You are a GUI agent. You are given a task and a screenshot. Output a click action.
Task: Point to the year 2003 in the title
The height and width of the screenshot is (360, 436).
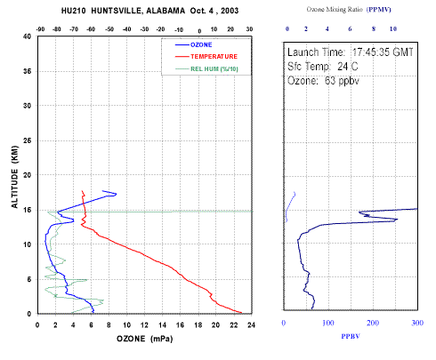pos(230,11)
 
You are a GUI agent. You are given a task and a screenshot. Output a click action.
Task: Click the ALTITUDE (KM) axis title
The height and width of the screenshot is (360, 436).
pos(14,177)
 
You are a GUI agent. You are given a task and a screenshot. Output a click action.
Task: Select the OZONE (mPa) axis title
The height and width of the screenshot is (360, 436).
pos(144,339)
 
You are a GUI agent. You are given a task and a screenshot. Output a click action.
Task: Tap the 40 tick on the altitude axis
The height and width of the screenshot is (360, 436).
pos(27,36)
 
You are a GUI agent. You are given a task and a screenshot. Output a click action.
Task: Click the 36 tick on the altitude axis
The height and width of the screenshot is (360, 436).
pos(27,71)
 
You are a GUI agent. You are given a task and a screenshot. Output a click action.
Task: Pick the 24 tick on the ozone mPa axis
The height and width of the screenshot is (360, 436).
pos(251,325)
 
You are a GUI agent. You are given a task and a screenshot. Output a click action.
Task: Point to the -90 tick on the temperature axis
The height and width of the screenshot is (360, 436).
pos(40,29)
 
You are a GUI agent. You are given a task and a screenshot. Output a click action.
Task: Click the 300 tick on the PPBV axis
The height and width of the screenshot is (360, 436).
pos(417,323)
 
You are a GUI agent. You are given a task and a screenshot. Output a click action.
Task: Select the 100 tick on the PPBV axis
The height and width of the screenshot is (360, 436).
pos(328,323)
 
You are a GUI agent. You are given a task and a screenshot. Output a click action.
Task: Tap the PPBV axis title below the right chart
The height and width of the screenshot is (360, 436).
pos(351,336)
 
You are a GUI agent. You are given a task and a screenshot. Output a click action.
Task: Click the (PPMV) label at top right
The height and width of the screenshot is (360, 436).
pos(379,10)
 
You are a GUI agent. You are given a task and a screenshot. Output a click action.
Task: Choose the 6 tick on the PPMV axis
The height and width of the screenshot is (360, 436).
pos(350,28)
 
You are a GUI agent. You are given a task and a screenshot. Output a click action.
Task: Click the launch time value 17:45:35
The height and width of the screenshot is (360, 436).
pos(371,52)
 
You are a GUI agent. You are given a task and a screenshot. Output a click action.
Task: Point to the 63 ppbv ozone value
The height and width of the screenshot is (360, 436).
pos(342,81)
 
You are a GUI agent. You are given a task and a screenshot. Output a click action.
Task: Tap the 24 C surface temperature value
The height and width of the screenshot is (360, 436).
pos(348,67)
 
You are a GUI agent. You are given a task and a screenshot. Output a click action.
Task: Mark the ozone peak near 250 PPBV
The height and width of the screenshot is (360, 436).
pos(397,220)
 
